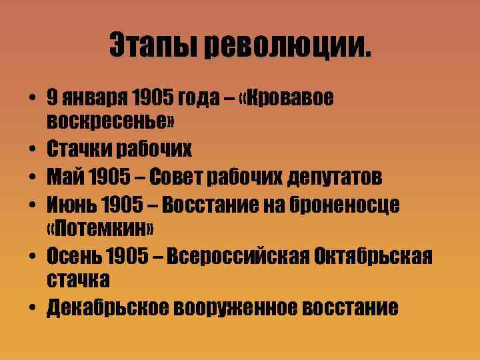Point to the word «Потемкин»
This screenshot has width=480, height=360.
101,229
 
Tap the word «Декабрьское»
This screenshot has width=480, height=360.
108,307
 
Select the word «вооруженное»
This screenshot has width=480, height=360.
235,307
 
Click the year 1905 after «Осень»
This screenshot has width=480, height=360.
132,255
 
